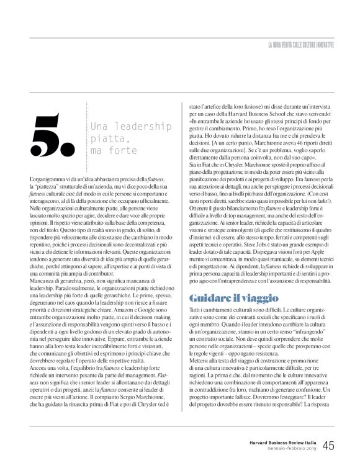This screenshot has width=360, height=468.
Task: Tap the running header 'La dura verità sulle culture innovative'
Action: point(301,44)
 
